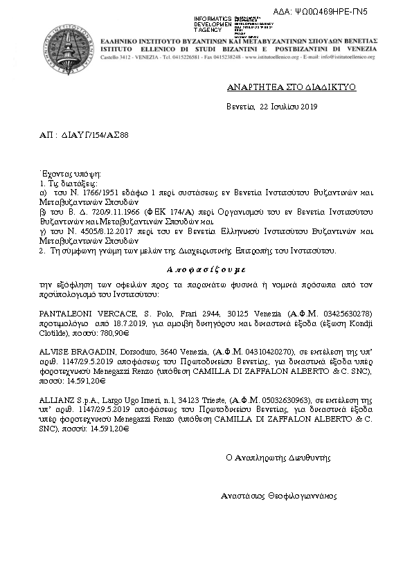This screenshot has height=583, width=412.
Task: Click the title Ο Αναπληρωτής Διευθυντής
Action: coord(278,458)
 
